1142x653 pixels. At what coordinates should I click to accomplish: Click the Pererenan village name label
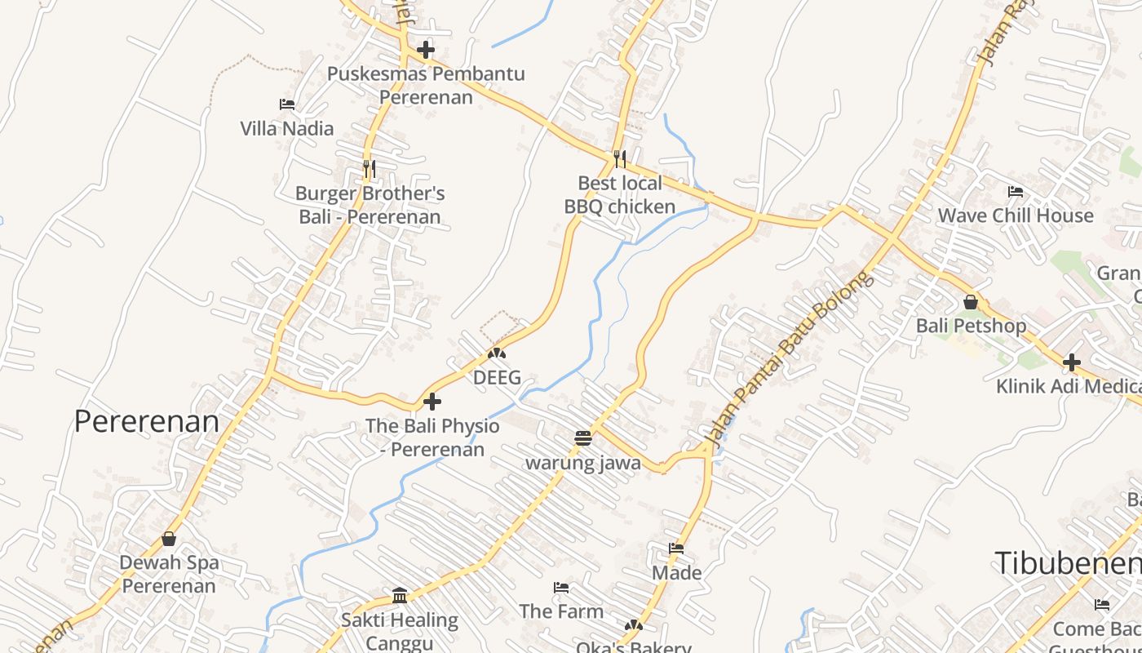147,421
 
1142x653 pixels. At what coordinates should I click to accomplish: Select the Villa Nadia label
287,128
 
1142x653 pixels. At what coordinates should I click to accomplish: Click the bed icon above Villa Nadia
287,104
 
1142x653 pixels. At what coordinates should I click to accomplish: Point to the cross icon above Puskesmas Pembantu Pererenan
426,50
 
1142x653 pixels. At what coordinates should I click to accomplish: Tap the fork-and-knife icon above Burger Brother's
370,169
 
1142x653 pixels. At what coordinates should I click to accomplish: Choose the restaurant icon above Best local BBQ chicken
620,158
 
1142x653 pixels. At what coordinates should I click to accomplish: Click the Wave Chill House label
1016,215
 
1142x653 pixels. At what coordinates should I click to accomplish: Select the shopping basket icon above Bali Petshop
971,302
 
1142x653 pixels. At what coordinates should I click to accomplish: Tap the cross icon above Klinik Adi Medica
1072,362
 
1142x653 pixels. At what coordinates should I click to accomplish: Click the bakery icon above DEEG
497,354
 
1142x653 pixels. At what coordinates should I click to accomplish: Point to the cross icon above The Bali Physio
432,402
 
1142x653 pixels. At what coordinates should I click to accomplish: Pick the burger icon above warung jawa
582,438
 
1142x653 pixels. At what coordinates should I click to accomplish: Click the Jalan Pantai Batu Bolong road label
788,359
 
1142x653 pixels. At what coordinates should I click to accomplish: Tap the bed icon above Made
676,549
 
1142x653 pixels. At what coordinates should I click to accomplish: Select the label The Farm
561,611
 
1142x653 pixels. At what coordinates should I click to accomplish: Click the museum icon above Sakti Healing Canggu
400,596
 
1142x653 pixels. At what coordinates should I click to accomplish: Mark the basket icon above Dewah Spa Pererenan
169,539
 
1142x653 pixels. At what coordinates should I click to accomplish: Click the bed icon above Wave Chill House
1016,192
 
